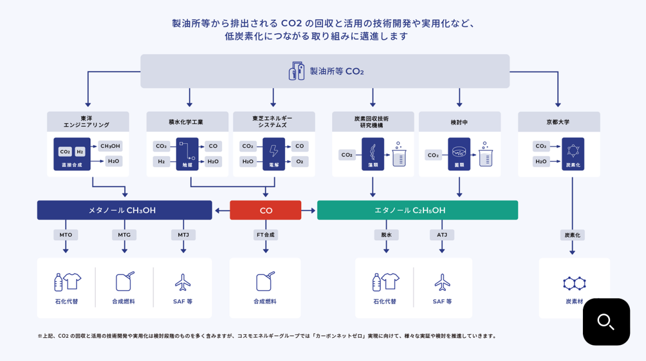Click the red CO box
(265, 210)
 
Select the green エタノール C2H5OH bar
(417, 210)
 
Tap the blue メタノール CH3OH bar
(124, 210)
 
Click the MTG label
(124, 235)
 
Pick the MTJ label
(183, 235)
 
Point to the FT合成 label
(265, 235)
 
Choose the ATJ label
(442, 235)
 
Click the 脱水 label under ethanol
(386, 235)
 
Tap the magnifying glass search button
(606, 322)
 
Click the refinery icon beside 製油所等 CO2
(296, 71)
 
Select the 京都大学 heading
(559, 122)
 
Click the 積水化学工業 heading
(186, 122)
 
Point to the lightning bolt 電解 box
(274, 153)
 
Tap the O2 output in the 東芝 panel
(300, 162)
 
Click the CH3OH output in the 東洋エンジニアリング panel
(110, 146)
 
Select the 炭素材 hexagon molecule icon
(574, 283)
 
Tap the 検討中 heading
(459, 122)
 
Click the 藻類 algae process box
(373, 153)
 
